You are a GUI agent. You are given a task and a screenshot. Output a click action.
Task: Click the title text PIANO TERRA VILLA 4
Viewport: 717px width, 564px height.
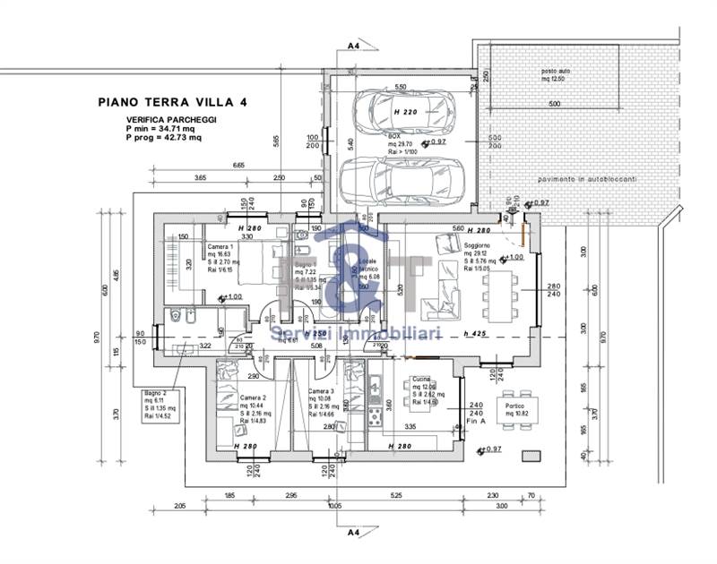[x=171, y=102]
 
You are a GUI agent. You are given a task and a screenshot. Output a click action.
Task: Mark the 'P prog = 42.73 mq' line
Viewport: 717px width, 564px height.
[x=164, y=138]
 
